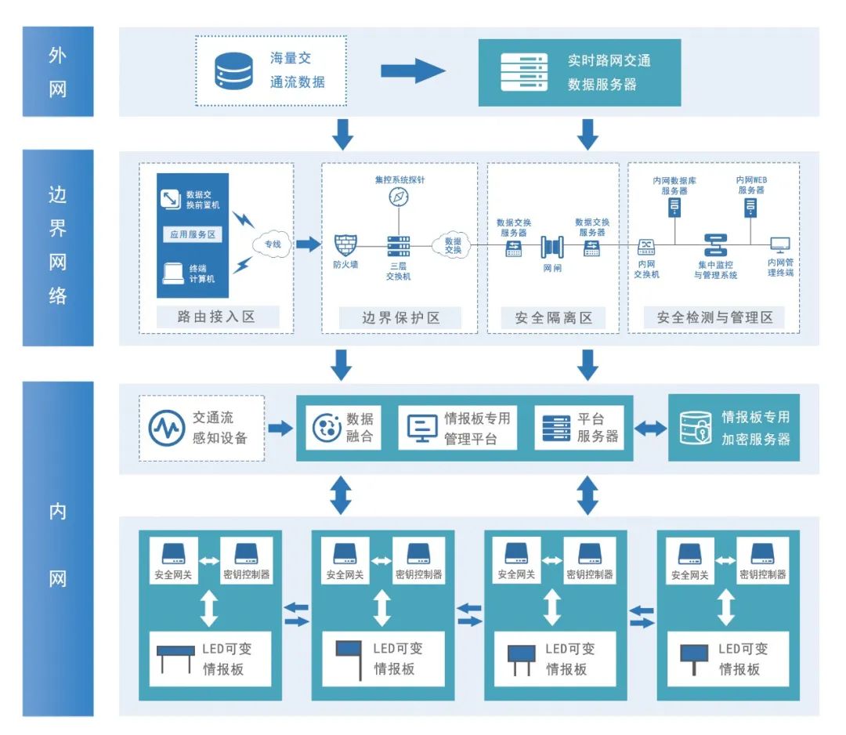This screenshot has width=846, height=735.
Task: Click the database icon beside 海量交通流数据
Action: tap(233, 71)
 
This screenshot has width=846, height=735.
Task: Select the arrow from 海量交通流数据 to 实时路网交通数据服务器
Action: tap(413, 71)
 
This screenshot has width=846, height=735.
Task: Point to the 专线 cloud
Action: tap(272, 244)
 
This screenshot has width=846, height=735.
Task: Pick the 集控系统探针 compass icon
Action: tap(399, 197)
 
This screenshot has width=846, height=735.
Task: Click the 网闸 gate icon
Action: tap(552, 248)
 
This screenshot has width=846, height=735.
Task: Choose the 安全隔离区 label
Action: tap(554, 317)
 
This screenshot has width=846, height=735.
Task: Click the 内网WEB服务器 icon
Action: tap(750, 208)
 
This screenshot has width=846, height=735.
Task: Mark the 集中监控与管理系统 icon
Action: tap(715, 245)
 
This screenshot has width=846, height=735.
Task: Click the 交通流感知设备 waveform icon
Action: tap(167, 428)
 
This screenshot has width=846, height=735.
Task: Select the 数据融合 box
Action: tap(343, 428)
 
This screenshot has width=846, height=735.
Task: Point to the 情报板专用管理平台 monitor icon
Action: tap(421, 428)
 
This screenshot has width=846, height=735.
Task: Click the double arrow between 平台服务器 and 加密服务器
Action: tap(650, 429)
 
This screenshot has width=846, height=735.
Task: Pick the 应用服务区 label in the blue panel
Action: tap(193, 234)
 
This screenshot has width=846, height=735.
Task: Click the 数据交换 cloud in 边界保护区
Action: tap(453, 245)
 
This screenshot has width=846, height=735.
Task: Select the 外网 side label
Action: tap(58, 72)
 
